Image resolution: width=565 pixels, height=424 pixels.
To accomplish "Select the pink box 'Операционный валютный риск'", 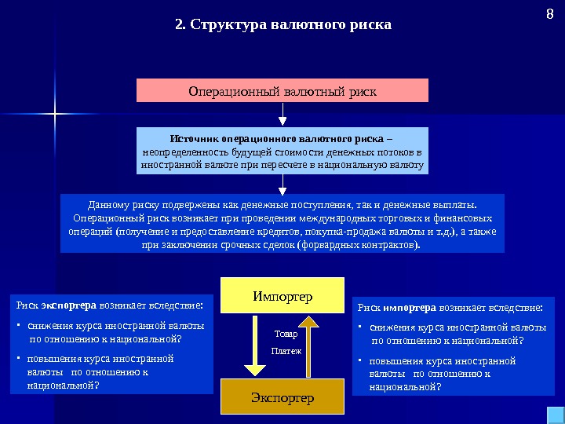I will click(282, 91).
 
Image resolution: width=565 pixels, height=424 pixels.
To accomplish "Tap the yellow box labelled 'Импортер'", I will click(282, 296).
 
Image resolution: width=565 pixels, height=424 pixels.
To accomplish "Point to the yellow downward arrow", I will click(254, 345).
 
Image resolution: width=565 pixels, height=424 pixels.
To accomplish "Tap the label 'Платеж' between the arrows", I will click(286, 351).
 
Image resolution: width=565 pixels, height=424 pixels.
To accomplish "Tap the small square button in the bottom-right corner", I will click(552, 415).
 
